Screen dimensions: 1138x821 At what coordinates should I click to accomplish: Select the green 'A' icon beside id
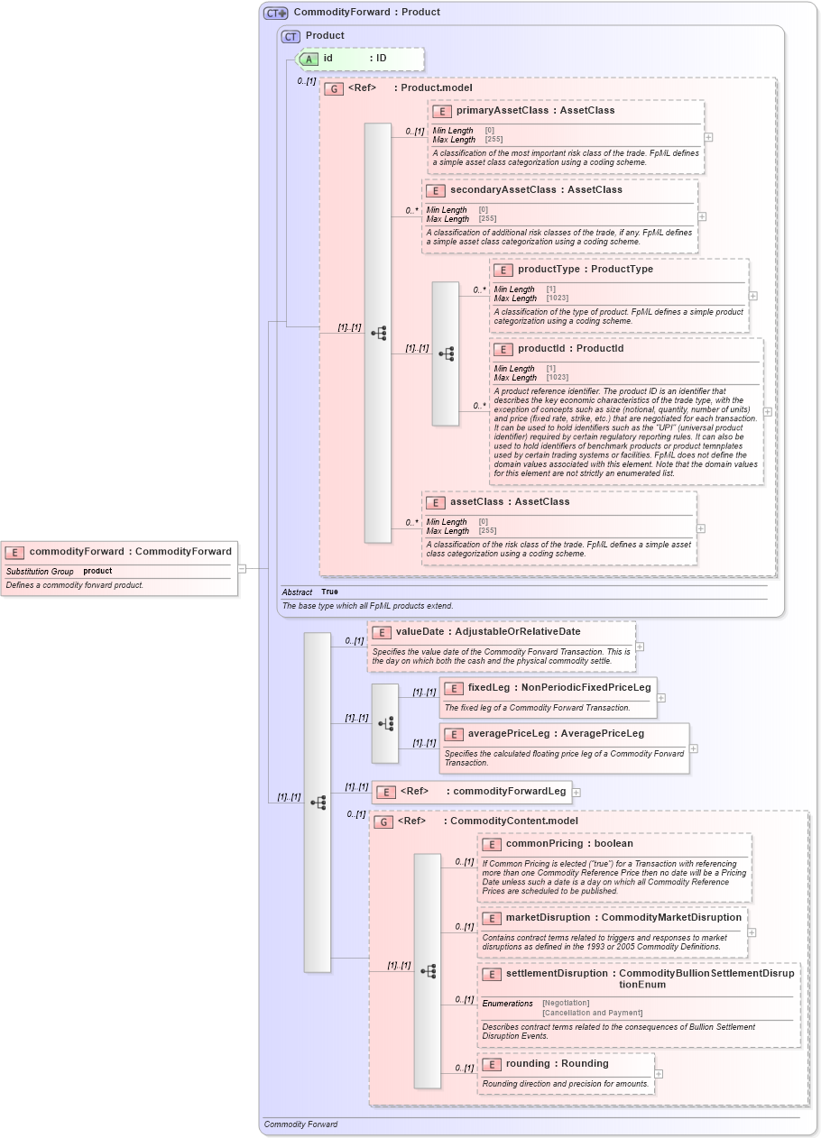point(309,59)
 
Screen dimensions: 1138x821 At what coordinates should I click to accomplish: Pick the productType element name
point(549,269)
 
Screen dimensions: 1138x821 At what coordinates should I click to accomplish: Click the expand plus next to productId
point(768,411)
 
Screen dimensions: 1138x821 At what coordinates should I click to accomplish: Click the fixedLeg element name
point(488,687)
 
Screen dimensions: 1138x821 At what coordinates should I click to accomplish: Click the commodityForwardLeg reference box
point(472,792)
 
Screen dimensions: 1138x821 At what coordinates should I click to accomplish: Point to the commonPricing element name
point(543,843)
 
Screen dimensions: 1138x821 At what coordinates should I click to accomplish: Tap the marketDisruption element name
point(548,917)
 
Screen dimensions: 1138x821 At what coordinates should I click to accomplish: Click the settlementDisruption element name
point(557,973)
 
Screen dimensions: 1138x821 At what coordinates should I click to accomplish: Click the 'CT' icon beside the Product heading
point(291,36)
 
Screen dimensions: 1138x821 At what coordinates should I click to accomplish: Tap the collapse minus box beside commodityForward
point(242,568)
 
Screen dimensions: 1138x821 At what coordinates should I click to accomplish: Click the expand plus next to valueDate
point(640,647)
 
